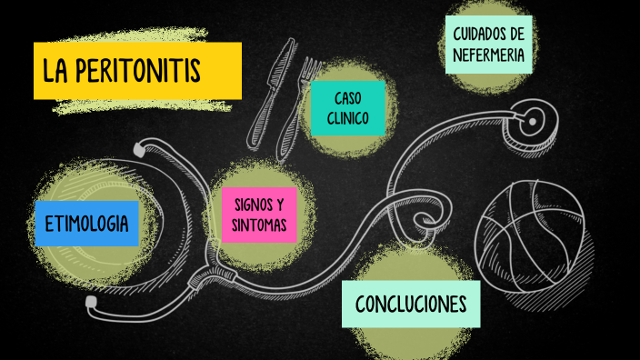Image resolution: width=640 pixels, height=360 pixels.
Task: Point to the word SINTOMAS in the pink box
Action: pos(259,225)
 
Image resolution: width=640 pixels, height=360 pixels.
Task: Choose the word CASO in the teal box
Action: pos(347,97)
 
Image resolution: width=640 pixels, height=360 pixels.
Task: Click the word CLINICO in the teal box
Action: pos(347,118)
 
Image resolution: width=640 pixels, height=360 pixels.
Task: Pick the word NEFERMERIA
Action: pos(490,55)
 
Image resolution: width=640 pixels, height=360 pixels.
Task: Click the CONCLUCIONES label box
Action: pos(411,304)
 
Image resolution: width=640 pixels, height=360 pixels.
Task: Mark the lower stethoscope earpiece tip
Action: pos(91,301)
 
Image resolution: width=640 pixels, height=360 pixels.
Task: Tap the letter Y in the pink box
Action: pos(280,204)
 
